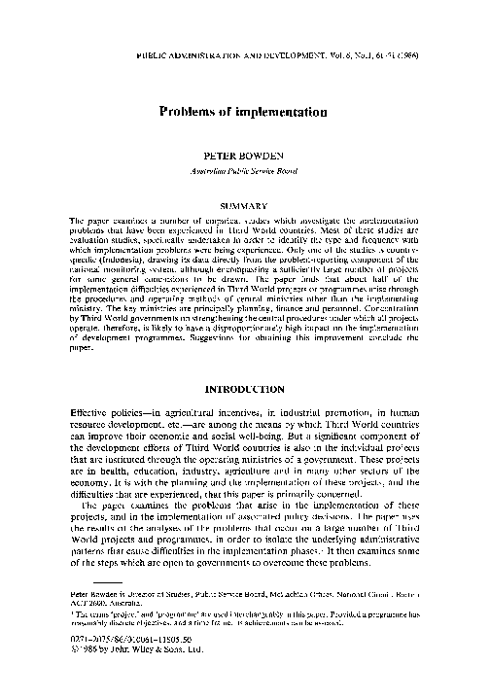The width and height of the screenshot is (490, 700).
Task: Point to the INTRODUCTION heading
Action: (244, 388)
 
